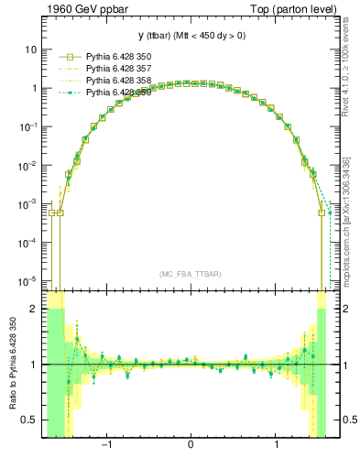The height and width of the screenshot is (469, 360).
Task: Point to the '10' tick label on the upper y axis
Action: pos(31,49)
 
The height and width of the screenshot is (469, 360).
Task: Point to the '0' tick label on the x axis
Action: pos(190,446)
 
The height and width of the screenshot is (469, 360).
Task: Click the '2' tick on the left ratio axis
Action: pos(34,309)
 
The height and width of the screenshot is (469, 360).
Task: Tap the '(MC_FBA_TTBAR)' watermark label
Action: pos(190,274)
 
